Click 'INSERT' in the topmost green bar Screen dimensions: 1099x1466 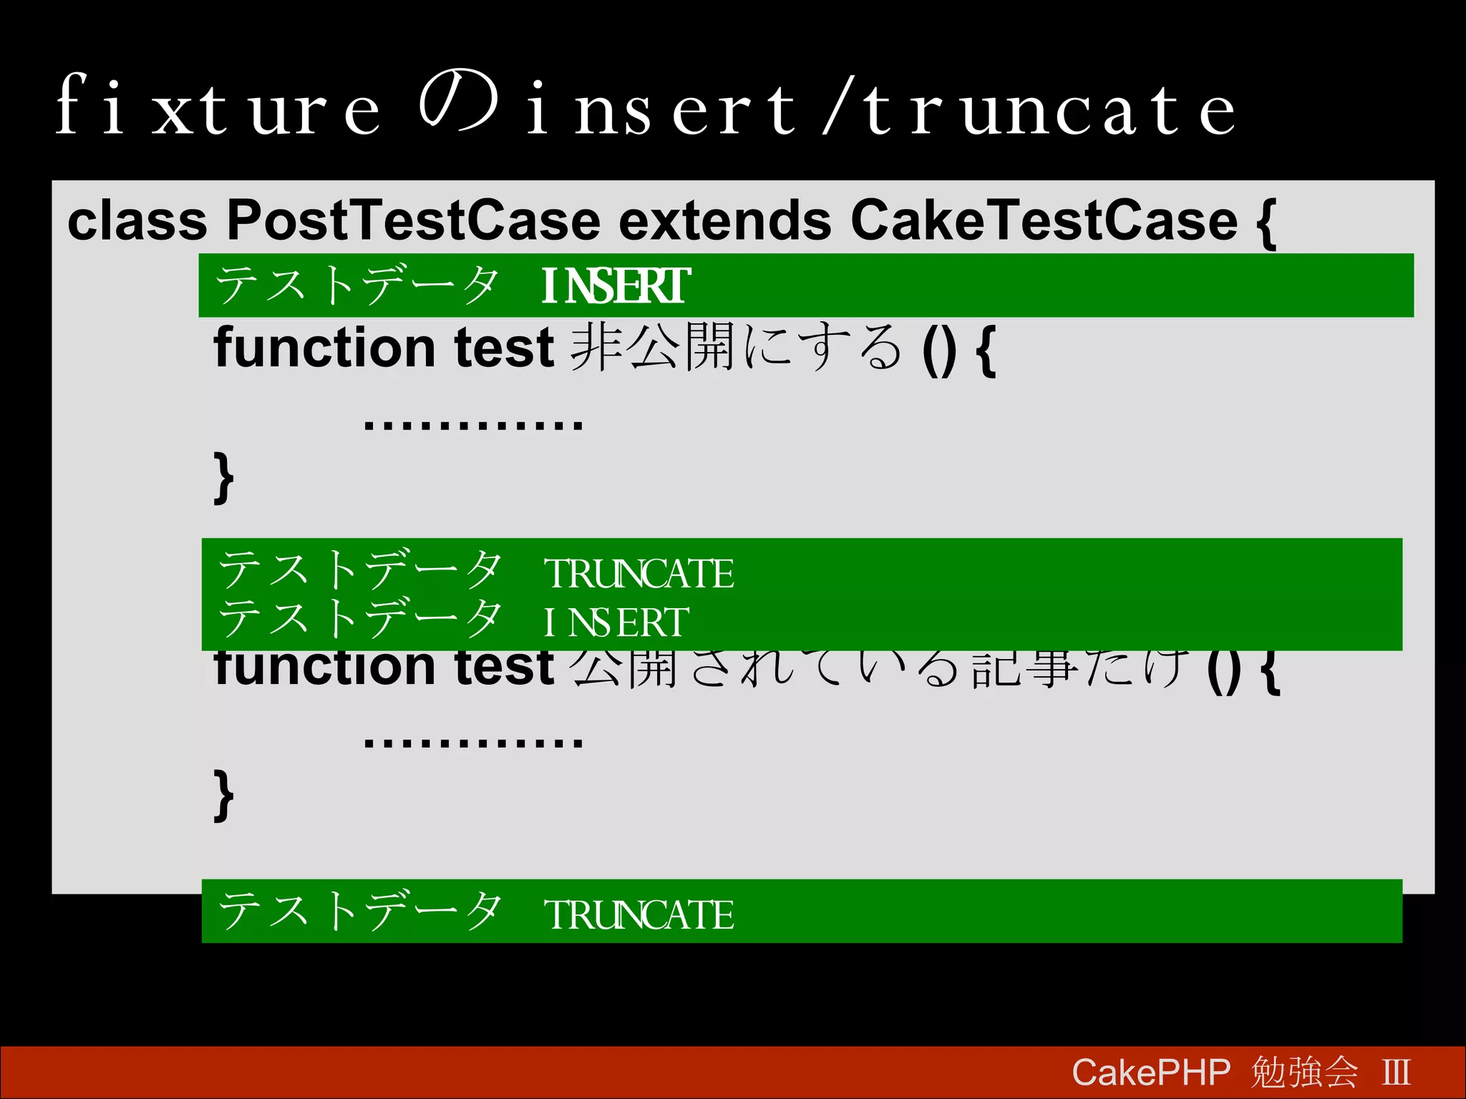click(x=616, y=285)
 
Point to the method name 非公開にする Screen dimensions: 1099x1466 click(x=737, y=348)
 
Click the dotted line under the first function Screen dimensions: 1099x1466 click(x=473, y=424)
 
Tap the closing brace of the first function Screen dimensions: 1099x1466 click(x=223, y=477)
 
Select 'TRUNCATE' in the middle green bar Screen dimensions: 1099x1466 click(x=639, y=574)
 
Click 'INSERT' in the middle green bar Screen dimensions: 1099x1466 click(x=616, y=622)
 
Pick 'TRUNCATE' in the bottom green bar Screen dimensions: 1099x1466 click(x=639, y=915)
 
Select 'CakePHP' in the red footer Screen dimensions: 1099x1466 click(x=1150, y=1073)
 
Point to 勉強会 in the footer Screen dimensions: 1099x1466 click(x=1304, y=1073)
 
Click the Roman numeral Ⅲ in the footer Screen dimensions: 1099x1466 click(x=1396, y=1073)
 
